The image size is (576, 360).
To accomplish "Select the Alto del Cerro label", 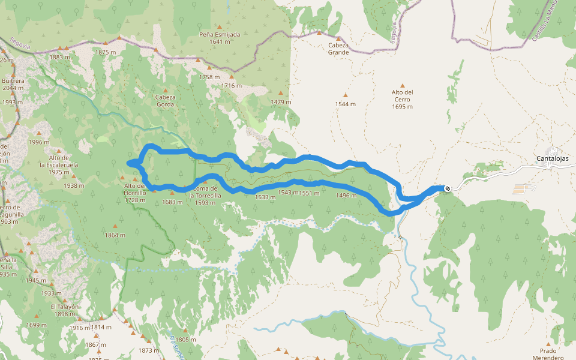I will (x=402, y=99).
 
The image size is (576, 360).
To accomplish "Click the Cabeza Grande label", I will (x=338, y=49).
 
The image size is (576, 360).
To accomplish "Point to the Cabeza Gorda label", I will (x=166, y=100).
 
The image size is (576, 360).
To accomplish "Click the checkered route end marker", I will (x=448, y=189).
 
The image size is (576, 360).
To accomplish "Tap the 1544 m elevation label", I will (x=346, y=104).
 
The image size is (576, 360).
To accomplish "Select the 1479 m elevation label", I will (x=281, y=102).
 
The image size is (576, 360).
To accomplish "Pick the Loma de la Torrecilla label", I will (x=205, y=196).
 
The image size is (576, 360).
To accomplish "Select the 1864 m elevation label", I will (x=115, y=235).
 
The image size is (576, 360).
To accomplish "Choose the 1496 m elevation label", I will (x=346, y=196).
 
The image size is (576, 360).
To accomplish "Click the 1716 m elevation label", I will (x=231, y=86).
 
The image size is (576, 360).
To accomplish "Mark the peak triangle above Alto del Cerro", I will (x=403, y=85).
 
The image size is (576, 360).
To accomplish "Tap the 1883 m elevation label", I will (x=60, y=57).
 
